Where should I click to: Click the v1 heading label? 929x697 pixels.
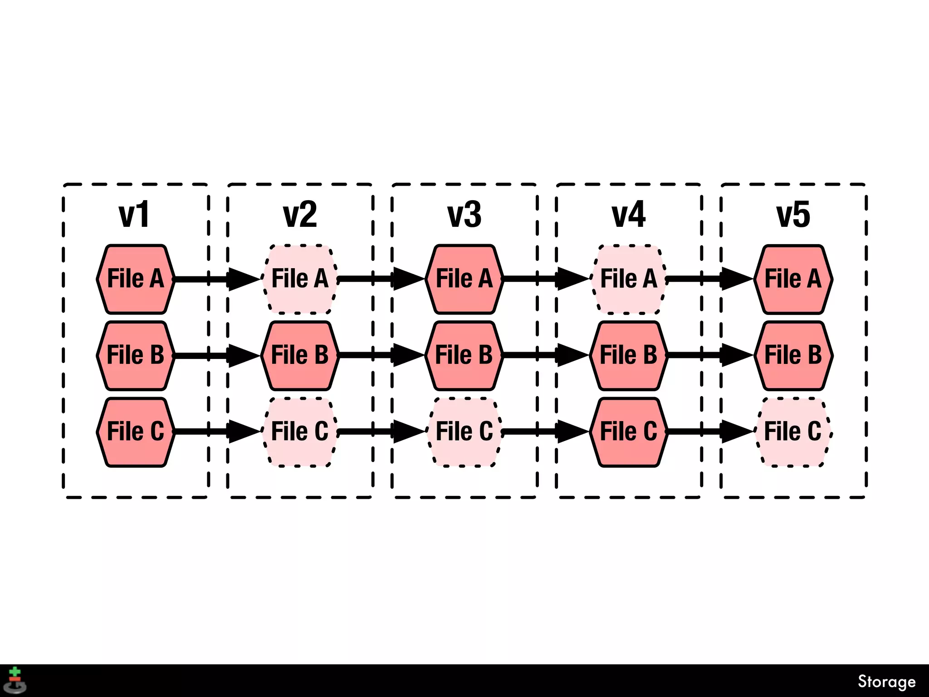coord(134,215)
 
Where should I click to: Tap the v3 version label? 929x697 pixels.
coord(464,215)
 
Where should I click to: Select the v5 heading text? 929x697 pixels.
coord(793,215)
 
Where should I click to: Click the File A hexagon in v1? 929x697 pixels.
coord(136,279)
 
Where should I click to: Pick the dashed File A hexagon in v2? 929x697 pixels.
coord(300,279)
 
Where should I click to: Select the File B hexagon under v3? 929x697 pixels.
coord(464,355)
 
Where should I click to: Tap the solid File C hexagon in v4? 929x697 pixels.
coord(629,432)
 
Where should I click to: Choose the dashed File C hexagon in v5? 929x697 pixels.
coord(793,432)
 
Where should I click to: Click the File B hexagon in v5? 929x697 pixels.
coord(793,355)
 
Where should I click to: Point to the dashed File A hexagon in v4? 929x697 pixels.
coord(629,279)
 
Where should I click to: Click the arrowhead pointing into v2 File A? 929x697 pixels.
coord(243,279)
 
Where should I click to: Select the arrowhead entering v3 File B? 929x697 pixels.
coord(407,355)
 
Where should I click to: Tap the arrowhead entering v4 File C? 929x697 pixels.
coord(572,432)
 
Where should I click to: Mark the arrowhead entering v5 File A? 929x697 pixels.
coord(736,279)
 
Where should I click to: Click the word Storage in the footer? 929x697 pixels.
coord(886,682)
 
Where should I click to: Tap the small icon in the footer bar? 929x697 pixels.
coord(15,681)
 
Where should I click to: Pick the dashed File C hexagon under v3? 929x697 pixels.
coord(464,432)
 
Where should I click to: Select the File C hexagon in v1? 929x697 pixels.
coord(136,432)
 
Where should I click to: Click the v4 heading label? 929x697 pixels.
coord(629,215)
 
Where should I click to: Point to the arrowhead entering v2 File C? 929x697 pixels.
coord(243,432)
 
